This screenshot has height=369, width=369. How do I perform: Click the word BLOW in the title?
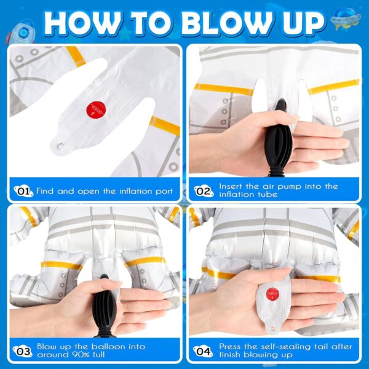coord(226,23)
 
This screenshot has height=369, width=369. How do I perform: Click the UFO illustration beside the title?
coord(346,18)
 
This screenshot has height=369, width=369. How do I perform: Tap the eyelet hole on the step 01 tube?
coord(60,146)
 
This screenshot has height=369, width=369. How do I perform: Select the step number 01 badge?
coord(23,191)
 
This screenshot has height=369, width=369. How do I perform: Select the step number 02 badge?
coord(204,191)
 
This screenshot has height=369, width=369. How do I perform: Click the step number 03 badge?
coord(23,352)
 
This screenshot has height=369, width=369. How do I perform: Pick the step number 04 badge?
coord(204,352)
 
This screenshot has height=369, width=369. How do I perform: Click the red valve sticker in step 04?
coord(272,294)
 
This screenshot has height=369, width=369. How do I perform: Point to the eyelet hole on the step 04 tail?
coord(272,328)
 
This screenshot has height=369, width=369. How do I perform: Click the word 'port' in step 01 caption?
coord(164,191)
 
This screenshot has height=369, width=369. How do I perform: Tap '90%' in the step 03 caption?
coord(81,354)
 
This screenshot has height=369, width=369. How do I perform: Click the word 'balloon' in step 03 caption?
coord(108,347)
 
